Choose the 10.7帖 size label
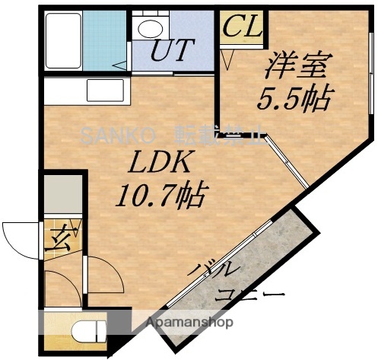point(161,198)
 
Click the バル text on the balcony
point(221,269)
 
